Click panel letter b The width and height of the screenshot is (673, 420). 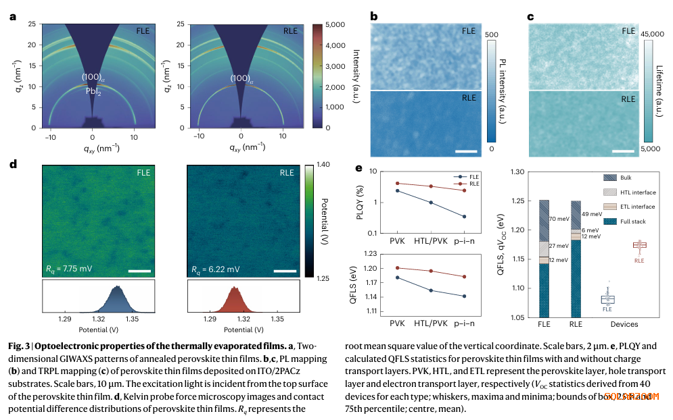pos(374,17)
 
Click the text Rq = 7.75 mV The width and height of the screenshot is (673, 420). pos(70,269)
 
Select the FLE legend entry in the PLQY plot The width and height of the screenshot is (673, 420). pos(467,176)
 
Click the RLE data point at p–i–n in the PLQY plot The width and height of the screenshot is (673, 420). pos(465,190)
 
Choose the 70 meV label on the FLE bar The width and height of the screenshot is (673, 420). pos(559,219)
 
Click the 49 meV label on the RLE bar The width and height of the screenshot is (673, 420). pos(592,214)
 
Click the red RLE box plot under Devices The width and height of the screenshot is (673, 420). pos(639,244)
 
